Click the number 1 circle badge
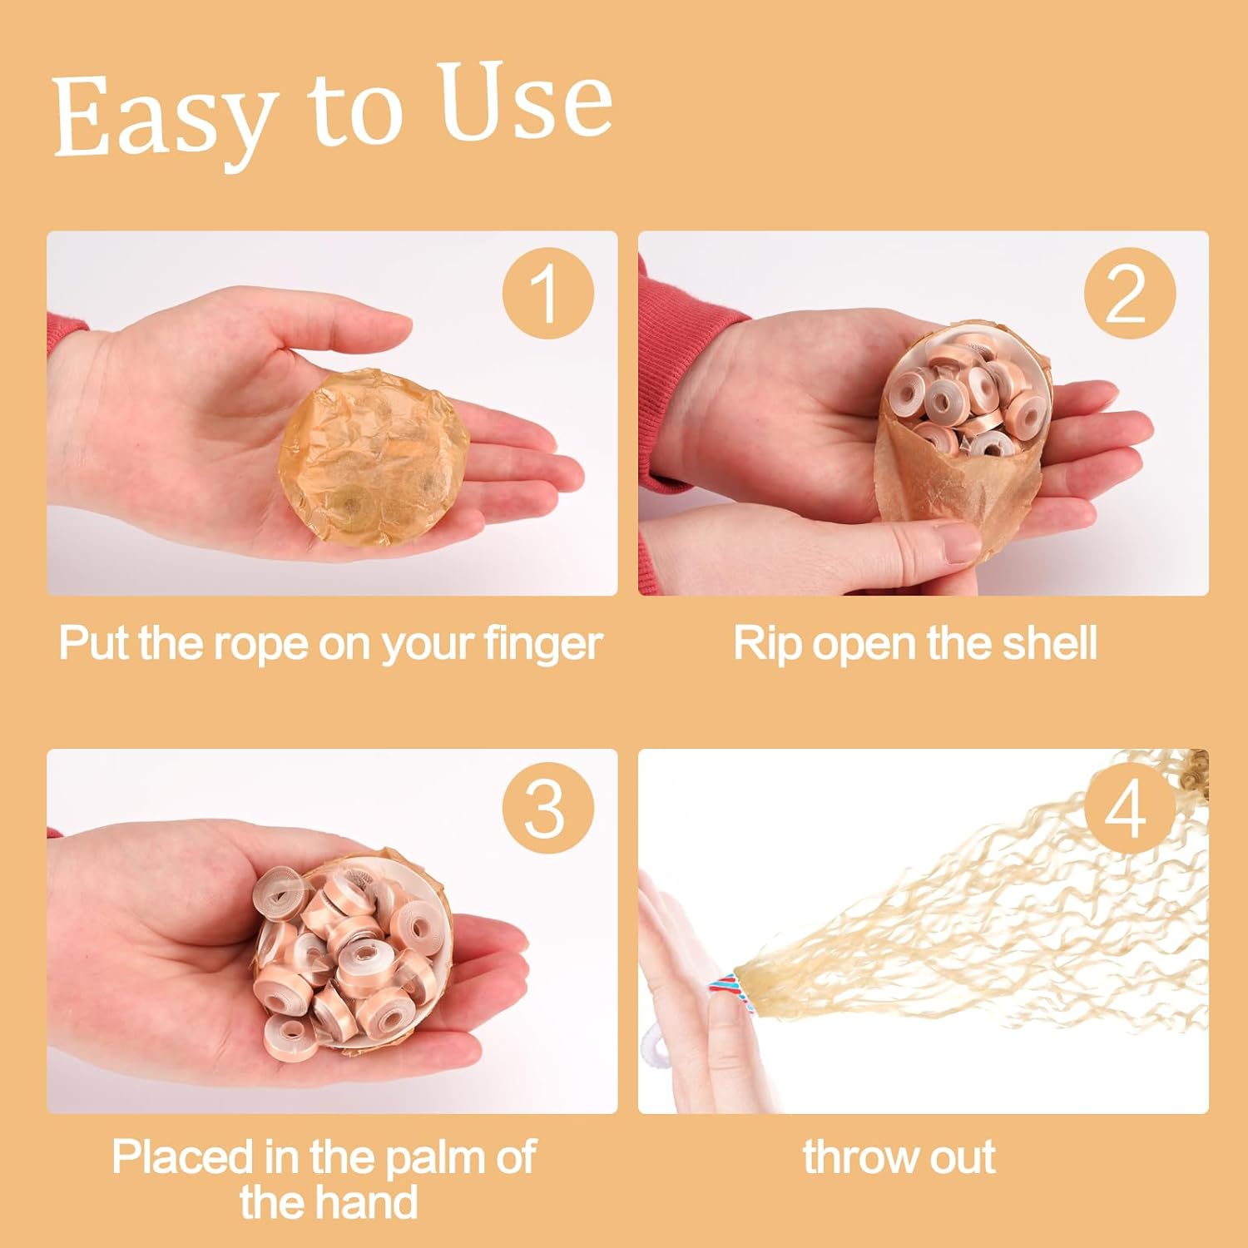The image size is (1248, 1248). pyautogui.click(x=547, y=293)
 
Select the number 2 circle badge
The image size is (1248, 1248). pyautogui.click(x=1129, y=293)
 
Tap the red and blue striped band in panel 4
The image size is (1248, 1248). pyautogui.click(x=723, y=990)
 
